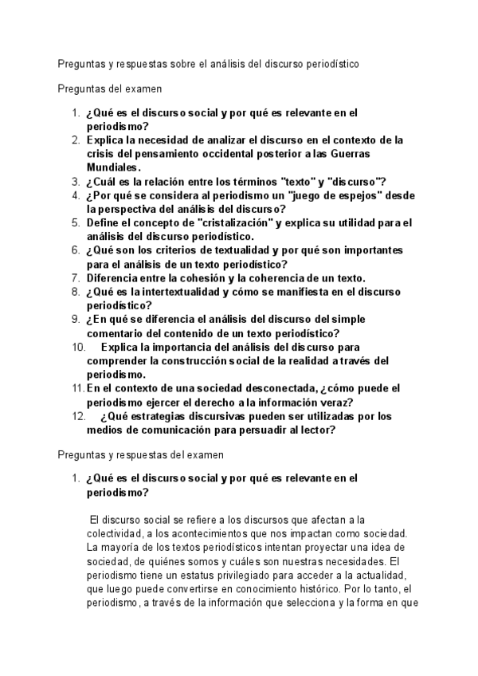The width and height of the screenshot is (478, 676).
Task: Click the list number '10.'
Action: (x=78, y=348)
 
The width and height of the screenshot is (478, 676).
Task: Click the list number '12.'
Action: (x=78, y=417)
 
